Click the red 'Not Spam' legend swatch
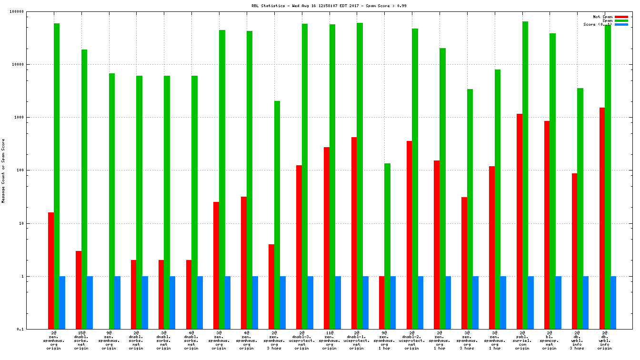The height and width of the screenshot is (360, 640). pos(621,17)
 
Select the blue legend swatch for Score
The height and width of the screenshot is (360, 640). pos(621,24)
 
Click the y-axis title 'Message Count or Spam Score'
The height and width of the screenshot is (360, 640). pos(4,171)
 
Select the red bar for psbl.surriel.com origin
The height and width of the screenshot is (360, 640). pos(520,221)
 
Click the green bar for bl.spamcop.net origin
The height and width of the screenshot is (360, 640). pos(552,181)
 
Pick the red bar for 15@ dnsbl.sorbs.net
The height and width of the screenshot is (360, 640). pos(79,290)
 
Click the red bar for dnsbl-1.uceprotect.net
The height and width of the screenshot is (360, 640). pos(354,233)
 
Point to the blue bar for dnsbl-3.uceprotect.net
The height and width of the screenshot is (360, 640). pos(310,302)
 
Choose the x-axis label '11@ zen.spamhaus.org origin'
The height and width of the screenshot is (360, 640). pos(329,340)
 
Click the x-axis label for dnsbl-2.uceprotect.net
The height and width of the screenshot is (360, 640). pos(412,340)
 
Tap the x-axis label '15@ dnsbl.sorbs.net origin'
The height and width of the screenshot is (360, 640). pos(81,340)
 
